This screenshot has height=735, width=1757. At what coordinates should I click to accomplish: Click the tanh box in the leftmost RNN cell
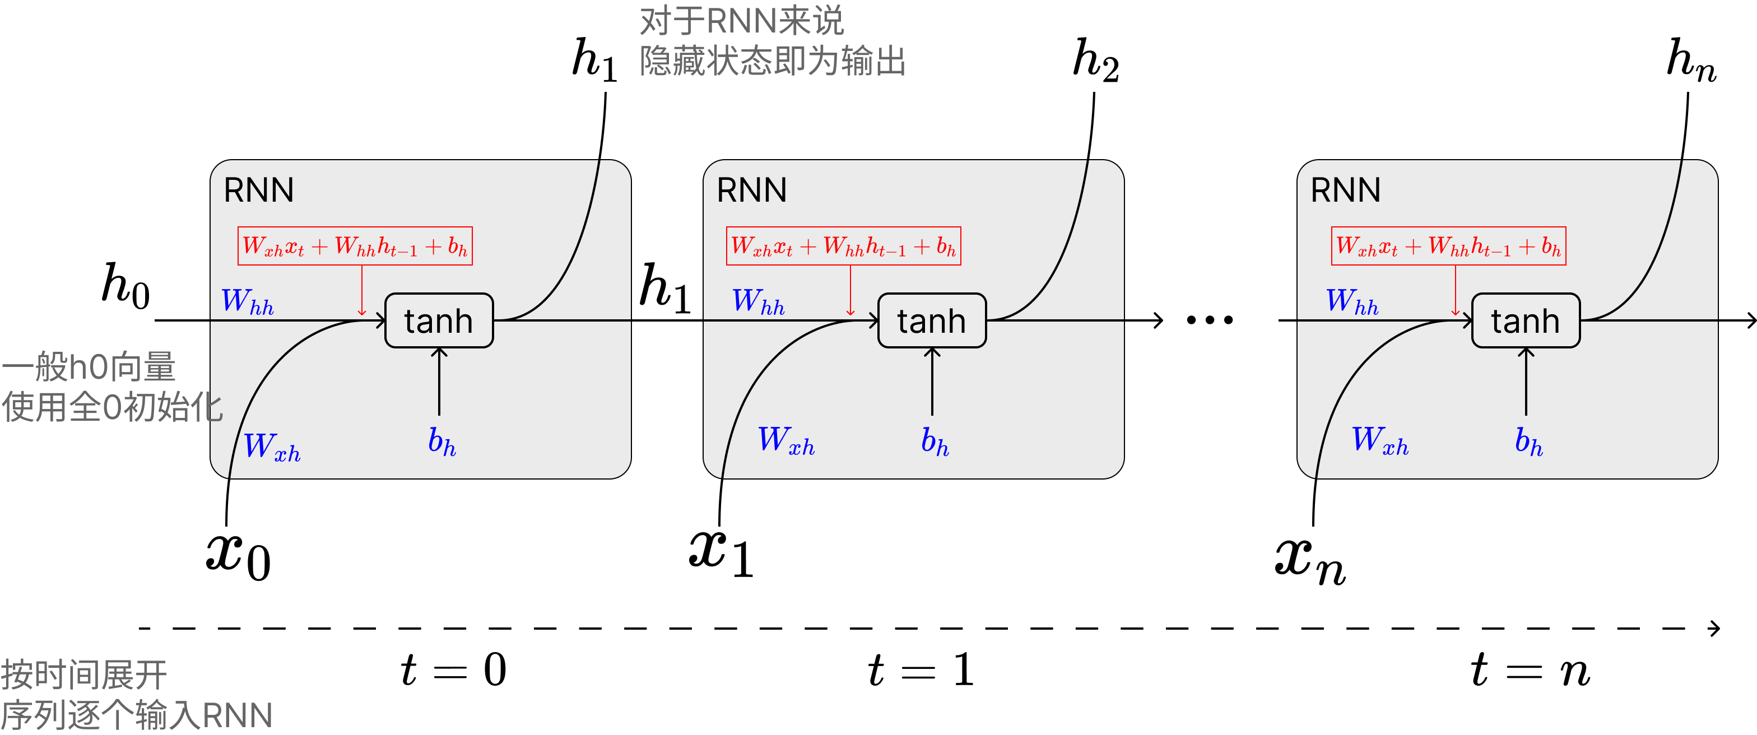pyautogui.click(x=439, y=320)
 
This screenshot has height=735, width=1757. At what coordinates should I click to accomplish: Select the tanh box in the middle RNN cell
pyautogui.click(x=932, y=320)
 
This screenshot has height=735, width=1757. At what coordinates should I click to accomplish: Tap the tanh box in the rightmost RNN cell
pyautogui.click(x=1526, y=320)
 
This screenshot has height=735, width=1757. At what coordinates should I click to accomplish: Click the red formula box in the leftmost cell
pyautogui.click(x=355, y=246)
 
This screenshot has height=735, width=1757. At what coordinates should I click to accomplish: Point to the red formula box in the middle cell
pyautogui.click(x=843, y=246)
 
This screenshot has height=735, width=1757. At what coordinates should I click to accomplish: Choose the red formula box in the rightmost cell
pyautogui.click(x=1448, y=246)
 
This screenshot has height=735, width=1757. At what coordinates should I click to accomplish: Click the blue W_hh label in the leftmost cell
pyautogui.click(x=248, y=301)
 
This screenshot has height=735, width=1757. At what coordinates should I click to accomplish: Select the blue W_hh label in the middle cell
pyautogui.click(x=758, y=301)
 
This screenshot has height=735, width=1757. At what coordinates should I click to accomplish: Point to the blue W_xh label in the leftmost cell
pyautogui.click(x=272, y=447)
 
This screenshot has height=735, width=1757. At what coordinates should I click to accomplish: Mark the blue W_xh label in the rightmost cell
pyautogui.click(x=1380, y=440)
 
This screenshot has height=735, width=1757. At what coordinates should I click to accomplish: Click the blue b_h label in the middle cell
pyautogui.click(x=935, y=441)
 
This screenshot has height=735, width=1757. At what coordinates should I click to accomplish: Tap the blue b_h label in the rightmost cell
pyautogui.click(x=1528, y=441)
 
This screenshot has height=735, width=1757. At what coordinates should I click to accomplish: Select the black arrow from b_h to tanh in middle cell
pyautogui.click(x=932, y=382)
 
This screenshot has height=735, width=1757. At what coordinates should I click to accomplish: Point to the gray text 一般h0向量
pyautogui.click(x=89, y=367)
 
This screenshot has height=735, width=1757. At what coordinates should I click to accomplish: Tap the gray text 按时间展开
pyautogui.click(x=84, y=675)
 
